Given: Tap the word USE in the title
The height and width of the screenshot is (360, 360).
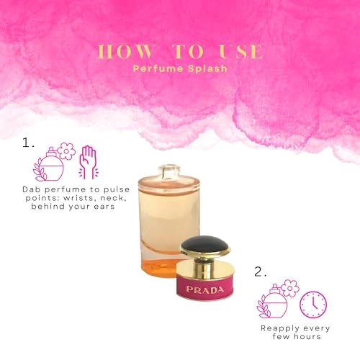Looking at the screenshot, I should pyautogui.click(x=242, y=52).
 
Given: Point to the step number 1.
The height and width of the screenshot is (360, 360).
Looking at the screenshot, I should pyautogui.click(x=28, y=143).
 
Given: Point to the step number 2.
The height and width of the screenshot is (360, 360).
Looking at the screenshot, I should pyautogui.click(x=261, y=272).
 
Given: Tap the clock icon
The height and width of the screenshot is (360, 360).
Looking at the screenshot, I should pyautogui.click(x=312, y=305).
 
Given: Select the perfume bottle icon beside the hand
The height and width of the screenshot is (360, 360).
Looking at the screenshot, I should pyautogui.click(x=50, y=164).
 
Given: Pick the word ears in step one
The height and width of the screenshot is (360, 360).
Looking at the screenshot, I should pyautogui.click(x=122, y=206).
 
